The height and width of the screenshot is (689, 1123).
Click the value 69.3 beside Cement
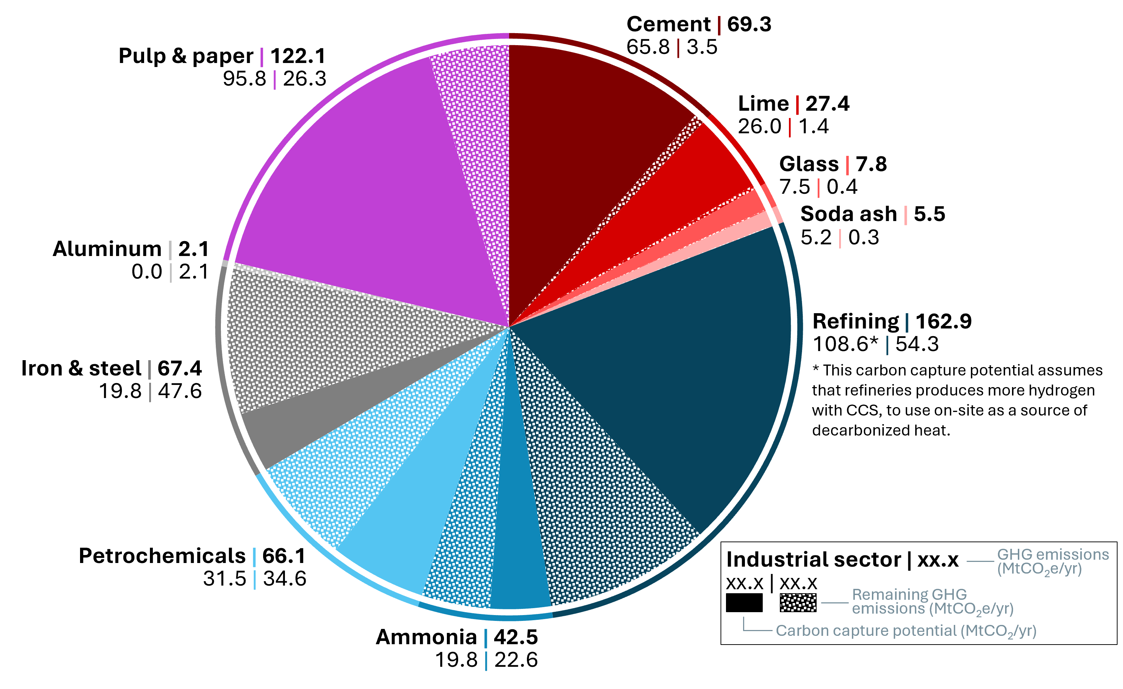pyautogui.click(x=749, y=24)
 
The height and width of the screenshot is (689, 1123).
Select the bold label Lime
pyautogui.click(x=763, y=103)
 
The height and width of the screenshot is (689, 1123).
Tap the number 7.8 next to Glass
pyautogui.click(x=871, y=164)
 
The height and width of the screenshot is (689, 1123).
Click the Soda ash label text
pyautogui.click(x=848, y=214)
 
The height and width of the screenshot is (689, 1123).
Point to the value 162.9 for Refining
pyautogui.click(x=944, y=322)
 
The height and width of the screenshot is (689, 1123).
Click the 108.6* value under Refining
pyautogui.click(x=845, y=344)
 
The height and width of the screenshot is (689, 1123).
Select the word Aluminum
pyautogui.click(x=107, y=249)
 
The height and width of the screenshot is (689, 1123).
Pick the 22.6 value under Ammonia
pyautogui.click(x=516, y=660)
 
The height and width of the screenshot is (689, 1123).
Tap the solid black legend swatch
pyautogui.click(x=744, y=602)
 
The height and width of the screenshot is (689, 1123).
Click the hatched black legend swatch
pyautogui.click(x=798, y=602)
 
